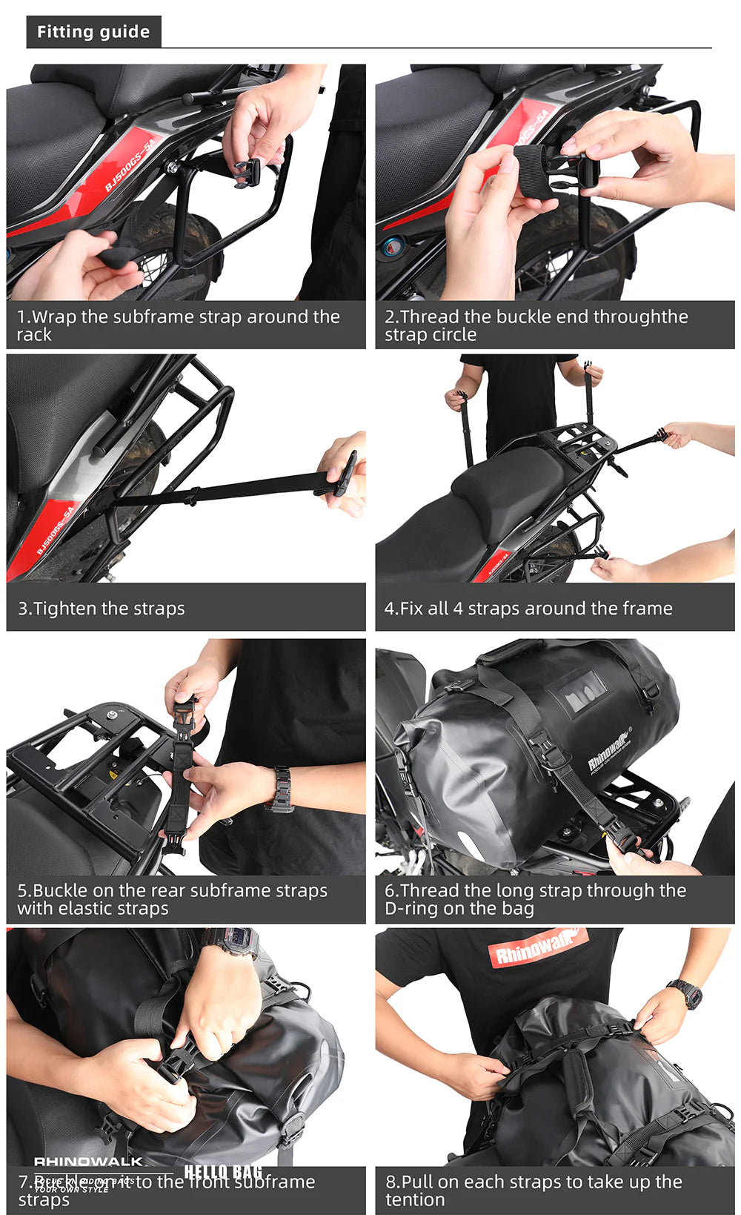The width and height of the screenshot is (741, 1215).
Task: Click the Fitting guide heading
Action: point(93,32)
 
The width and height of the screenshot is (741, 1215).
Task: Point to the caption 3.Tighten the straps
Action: point(102,609)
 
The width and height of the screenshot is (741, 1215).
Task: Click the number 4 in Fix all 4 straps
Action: point(457,609)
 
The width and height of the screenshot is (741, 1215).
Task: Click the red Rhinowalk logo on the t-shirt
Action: point(538,948)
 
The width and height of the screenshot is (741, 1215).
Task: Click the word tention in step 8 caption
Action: point(415,1199)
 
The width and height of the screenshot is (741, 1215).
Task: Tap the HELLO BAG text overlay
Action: point(222,1171)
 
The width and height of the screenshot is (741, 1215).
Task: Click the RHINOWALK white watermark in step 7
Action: point(88,1161)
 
